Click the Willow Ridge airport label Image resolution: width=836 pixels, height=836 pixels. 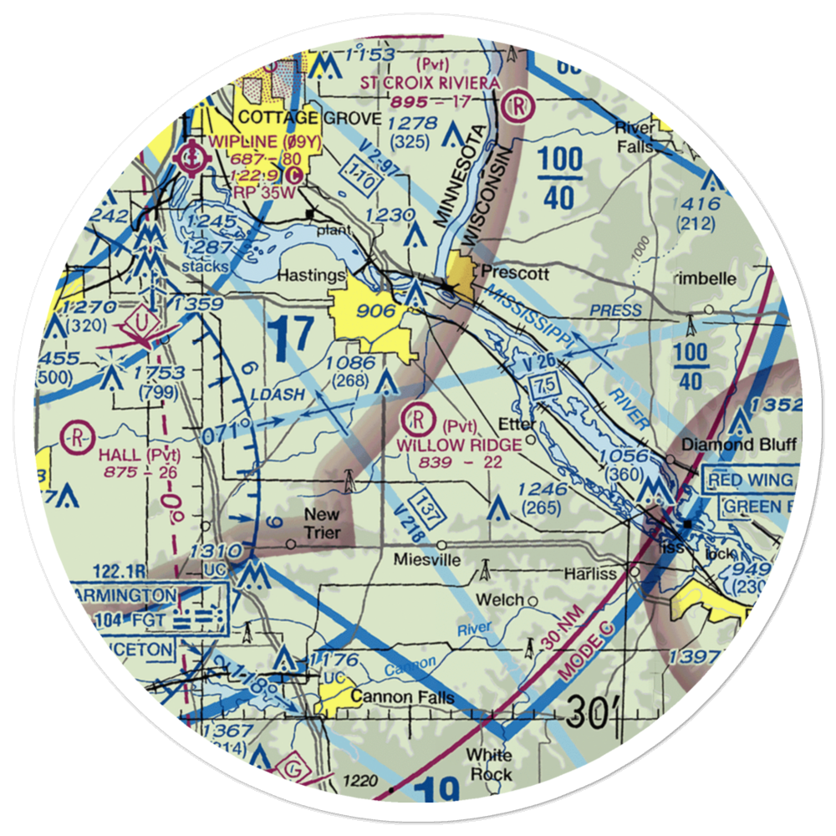459,444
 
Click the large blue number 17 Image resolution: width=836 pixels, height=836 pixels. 293,336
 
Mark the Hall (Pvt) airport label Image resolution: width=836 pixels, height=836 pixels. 139,455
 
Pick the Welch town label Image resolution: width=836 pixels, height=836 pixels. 500,599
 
